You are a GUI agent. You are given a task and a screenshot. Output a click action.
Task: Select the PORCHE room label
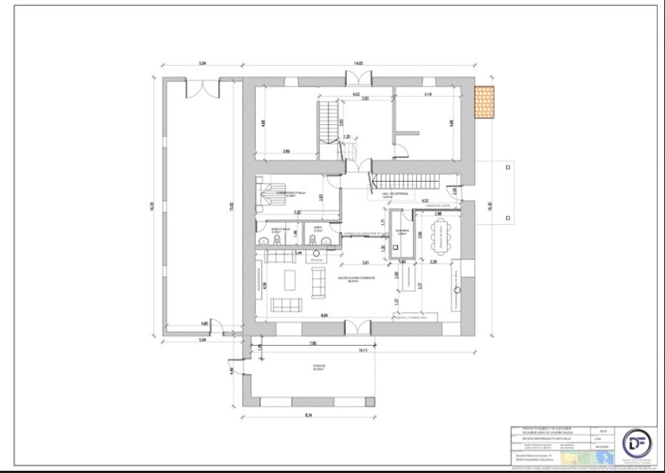click(x=318, y=366)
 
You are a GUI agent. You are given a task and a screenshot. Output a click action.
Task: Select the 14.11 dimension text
click(x=363, y=350)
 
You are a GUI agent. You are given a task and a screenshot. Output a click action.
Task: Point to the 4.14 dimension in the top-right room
click(x=428, y=95)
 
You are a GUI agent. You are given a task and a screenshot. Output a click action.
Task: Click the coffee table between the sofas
click(x=290, y=281)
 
